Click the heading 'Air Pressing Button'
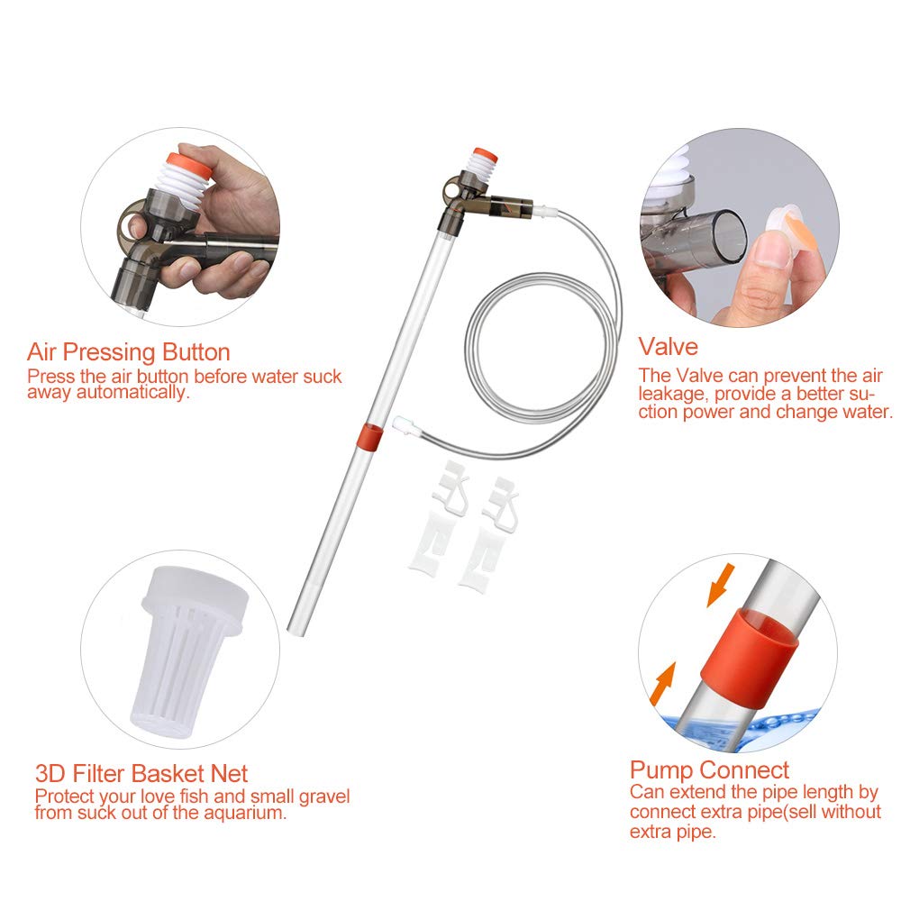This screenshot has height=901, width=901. click(x=128, y=351)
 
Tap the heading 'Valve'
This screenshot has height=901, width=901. click(x=668, y=346)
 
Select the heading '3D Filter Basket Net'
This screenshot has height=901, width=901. click(x=141, y=773)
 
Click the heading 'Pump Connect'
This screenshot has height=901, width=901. click(x=709, y=769)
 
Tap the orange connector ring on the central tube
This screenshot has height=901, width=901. click(x=369, y=436)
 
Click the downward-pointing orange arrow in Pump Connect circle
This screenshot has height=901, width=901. click(x=718, y=587)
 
